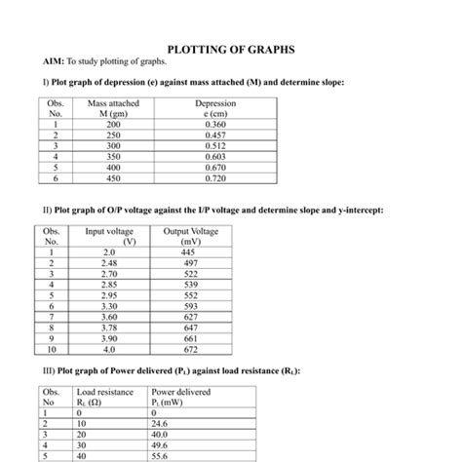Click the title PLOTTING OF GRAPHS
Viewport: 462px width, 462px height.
[231, 49]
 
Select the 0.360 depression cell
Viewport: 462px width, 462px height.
[215, 125]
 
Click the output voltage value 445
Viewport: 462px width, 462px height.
[189, 252]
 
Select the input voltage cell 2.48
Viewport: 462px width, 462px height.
[109, 264]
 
